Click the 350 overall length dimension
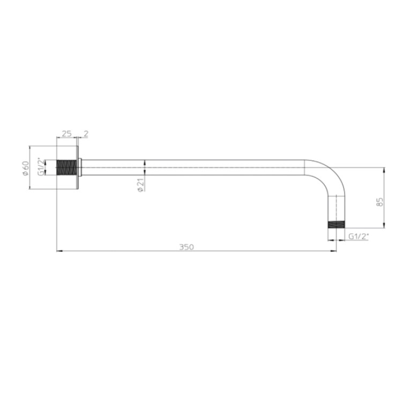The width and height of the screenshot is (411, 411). pos(186,247)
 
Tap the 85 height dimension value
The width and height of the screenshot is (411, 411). pos(380,202)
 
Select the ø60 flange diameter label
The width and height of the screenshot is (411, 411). pos(25,168)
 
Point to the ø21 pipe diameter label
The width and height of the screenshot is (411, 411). pos(141,185)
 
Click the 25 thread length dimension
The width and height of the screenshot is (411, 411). pos(66,133)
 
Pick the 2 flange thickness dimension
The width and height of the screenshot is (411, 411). pos(86,133)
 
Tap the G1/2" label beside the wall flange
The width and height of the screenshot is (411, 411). pos(41,167)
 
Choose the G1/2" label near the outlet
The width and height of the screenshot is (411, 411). pos(358,237)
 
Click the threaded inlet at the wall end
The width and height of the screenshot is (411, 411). pos(67,168)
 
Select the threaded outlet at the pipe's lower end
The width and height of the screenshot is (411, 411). pos(337,225)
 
